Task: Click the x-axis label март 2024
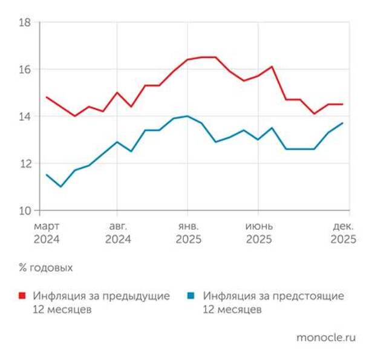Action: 47,232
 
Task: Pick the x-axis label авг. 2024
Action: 118,232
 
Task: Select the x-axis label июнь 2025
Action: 258,232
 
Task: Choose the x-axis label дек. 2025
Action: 343,232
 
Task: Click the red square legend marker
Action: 22,296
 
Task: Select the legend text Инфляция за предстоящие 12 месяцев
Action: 273,303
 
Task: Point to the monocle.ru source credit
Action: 325,337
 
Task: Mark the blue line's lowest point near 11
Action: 60,186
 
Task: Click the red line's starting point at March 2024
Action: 47,97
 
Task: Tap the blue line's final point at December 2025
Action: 343,123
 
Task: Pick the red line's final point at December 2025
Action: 343,104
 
